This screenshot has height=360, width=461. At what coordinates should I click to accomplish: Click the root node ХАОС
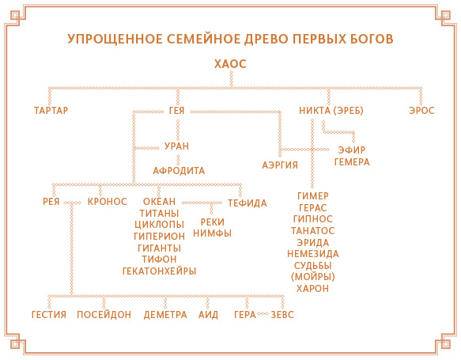(x=230, y=64)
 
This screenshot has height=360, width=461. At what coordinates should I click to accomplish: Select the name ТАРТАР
(x=51, y=110)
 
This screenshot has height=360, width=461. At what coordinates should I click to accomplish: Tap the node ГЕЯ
(x=176, y=111)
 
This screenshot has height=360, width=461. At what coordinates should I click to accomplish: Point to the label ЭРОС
(x=421, y=111)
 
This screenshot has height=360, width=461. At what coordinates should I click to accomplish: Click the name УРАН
(x=176, y=146)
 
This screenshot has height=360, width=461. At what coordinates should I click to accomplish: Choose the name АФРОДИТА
(x=179, y=171)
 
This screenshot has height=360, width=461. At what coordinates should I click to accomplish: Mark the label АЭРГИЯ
(x=280, y=165)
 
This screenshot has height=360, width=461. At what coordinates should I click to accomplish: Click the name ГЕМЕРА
(x=352, y=162)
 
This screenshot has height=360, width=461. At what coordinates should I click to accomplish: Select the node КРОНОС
(x=108, y=202)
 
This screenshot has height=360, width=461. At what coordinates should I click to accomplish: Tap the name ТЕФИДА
(x=248, y=203)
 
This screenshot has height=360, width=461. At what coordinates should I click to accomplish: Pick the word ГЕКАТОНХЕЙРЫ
(x=159, y=271)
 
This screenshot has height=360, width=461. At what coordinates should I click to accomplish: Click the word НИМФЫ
(x=212, y=233)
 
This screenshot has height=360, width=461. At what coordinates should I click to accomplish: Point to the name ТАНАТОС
(x=313, y=231)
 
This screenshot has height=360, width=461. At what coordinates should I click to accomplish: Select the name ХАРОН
(x=312, y=289)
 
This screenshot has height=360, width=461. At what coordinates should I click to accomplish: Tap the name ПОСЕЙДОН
(x=104, y=315)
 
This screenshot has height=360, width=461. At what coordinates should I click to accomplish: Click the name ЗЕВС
(x=282, y=315)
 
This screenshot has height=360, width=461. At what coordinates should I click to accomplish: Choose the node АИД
(x=208, y=315)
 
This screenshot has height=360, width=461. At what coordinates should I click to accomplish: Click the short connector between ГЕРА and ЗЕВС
(x=263, y=314)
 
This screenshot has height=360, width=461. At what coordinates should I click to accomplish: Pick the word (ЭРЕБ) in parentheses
(x=348, y=111)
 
